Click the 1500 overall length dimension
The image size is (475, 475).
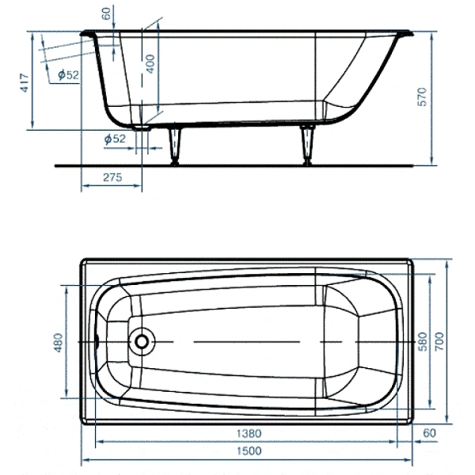click(249, 450)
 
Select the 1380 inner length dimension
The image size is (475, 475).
click(249, 434)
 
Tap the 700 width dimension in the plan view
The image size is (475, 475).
click(439, 341)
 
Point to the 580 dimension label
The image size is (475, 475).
click(423, 341)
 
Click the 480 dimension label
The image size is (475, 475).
click(58, 343)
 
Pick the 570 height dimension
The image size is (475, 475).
click(422, 97)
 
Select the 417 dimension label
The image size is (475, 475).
click(24, 82)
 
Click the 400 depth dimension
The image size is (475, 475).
click(150, 63)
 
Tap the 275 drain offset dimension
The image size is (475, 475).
click(112, 177)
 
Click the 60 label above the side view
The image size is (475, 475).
click(106, 13)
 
